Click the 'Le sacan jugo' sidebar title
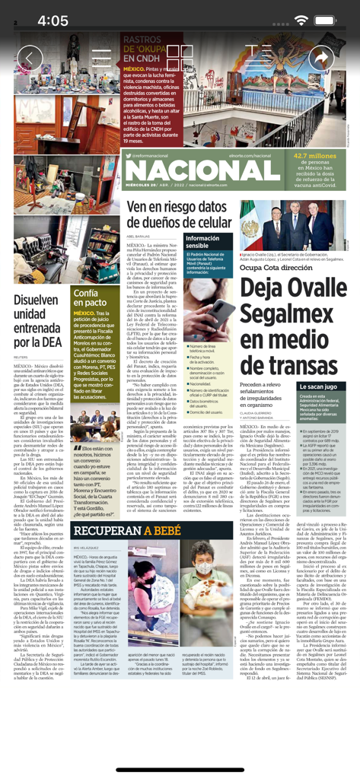pos(323,387)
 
